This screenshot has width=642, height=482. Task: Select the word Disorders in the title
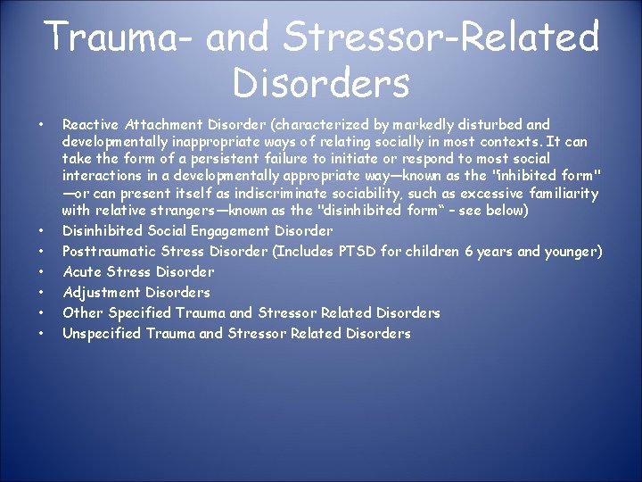[321, 83]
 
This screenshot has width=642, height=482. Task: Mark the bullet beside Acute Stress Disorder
[41, 271]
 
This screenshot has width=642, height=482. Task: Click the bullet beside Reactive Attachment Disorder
[41, 125]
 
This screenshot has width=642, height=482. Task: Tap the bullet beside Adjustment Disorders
[41, 292]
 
